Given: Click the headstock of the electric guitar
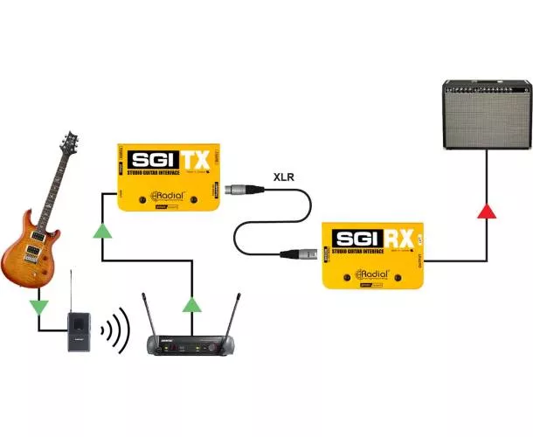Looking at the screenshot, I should click(x=68, y=143).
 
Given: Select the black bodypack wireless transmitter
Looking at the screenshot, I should click(x=79, y=332).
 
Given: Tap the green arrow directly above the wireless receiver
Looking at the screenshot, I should click(x=191, y=304).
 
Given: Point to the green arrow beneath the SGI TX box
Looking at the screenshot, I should click(x=102, y=230).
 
